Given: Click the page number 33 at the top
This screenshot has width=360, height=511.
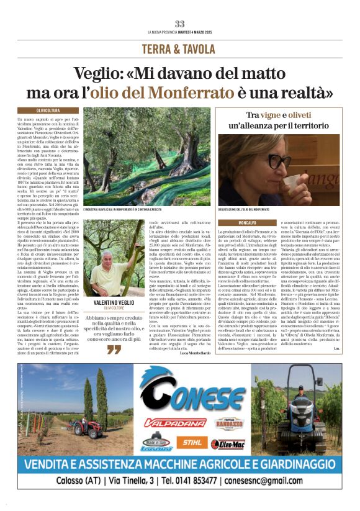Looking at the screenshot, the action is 180,24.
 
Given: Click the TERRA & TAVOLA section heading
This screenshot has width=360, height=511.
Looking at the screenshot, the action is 180,49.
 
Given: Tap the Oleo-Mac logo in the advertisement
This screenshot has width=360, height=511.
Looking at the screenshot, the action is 228,443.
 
